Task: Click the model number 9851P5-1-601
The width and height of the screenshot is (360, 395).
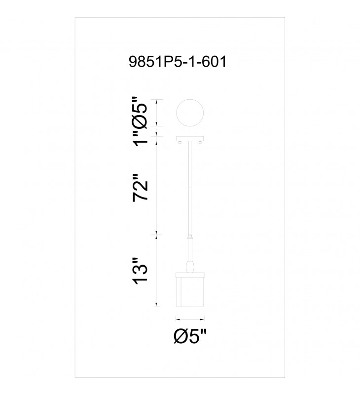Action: click(178, 62)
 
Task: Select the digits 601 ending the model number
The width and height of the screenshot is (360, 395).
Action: click(215, 62)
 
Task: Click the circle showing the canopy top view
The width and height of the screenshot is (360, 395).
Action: click(190, 113)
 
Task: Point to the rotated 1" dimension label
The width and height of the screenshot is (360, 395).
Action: click(140, 139)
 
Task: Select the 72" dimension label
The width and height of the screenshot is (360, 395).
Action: click(140, 188)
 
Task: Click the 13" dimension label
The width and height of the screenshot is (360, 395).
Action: click(140, 271)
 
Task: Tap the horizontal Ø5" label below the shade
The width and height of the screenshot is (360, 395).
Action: click(190, 337)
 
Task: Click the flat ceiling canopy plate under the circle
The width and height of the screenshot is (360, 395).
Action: click(190, 139)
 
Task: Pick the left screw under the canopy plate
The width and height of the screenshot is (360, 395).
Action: click(180, 143)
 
